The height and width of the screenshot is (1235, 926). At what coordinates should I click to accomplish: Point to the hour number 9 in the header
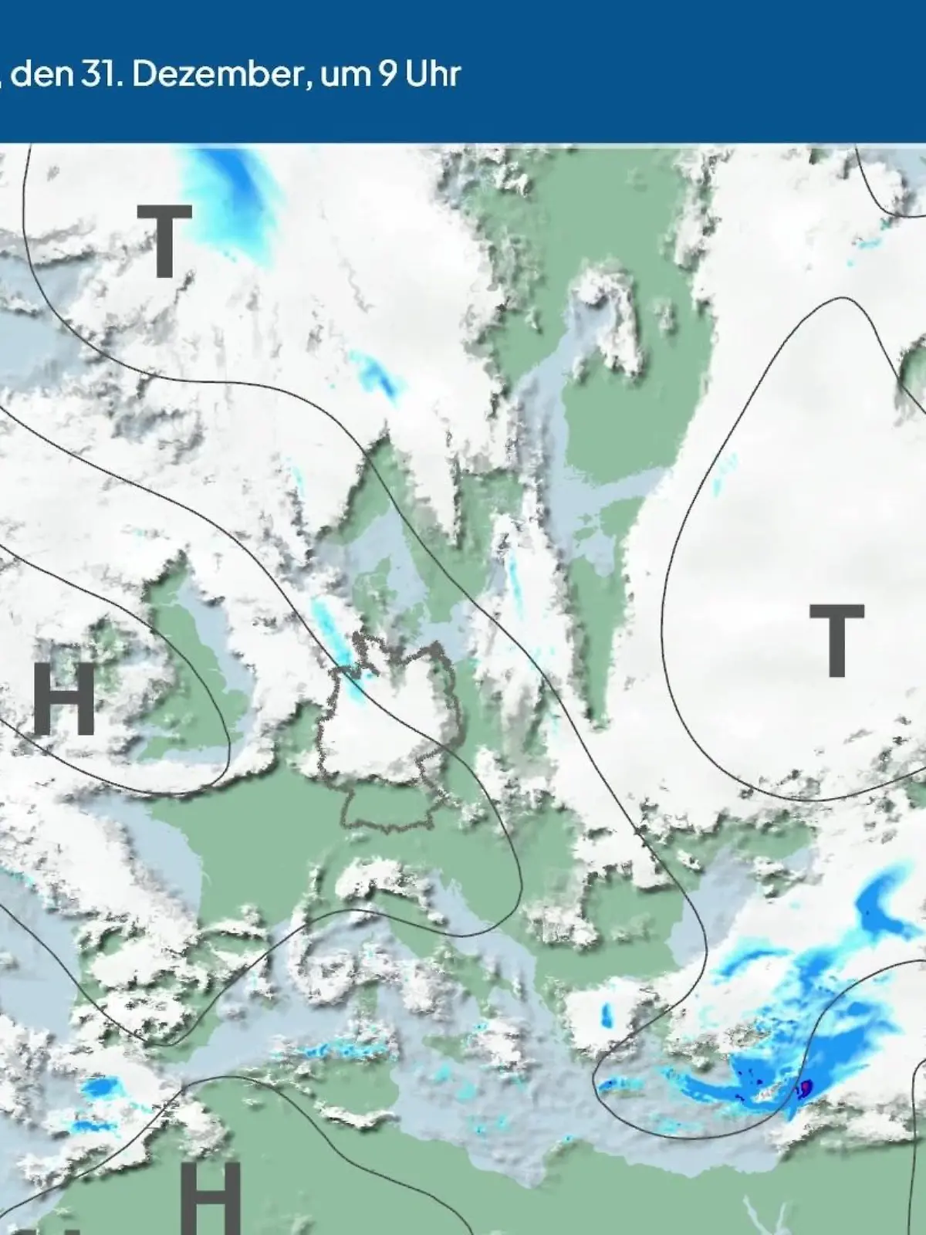pos(387,75)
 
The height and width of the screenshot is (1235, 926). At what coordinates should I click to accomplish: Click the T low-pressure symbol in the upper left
pos(164,241)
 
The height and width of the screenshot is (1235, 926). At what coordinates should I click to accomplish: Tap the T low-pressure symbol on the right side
pos(836,640)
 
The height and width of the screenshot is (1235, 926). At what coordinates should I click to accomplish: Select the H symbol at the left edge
pos(64,698)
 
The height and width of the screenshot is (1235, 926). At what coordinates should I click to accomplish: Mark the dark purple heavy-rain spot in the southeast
pos(806,1088)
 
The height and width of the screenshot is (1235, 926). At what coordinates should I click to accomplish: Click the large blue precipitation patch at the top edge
pos(235,189)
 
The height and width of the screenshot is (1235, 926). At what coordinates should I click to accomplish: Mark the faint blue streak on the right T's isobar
pos(722,475)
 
